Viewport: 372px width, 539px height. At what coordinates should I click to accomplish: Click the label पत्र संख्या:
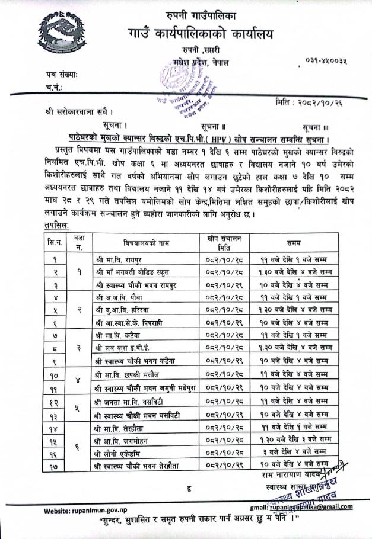tap(65, 75)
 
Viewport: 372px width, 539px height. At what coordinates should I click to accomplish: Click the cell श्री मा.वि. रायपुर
tap(119, 259)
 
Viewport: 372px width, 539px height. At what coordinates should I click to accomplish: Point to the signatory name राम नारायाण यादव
tap(282, 475)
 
